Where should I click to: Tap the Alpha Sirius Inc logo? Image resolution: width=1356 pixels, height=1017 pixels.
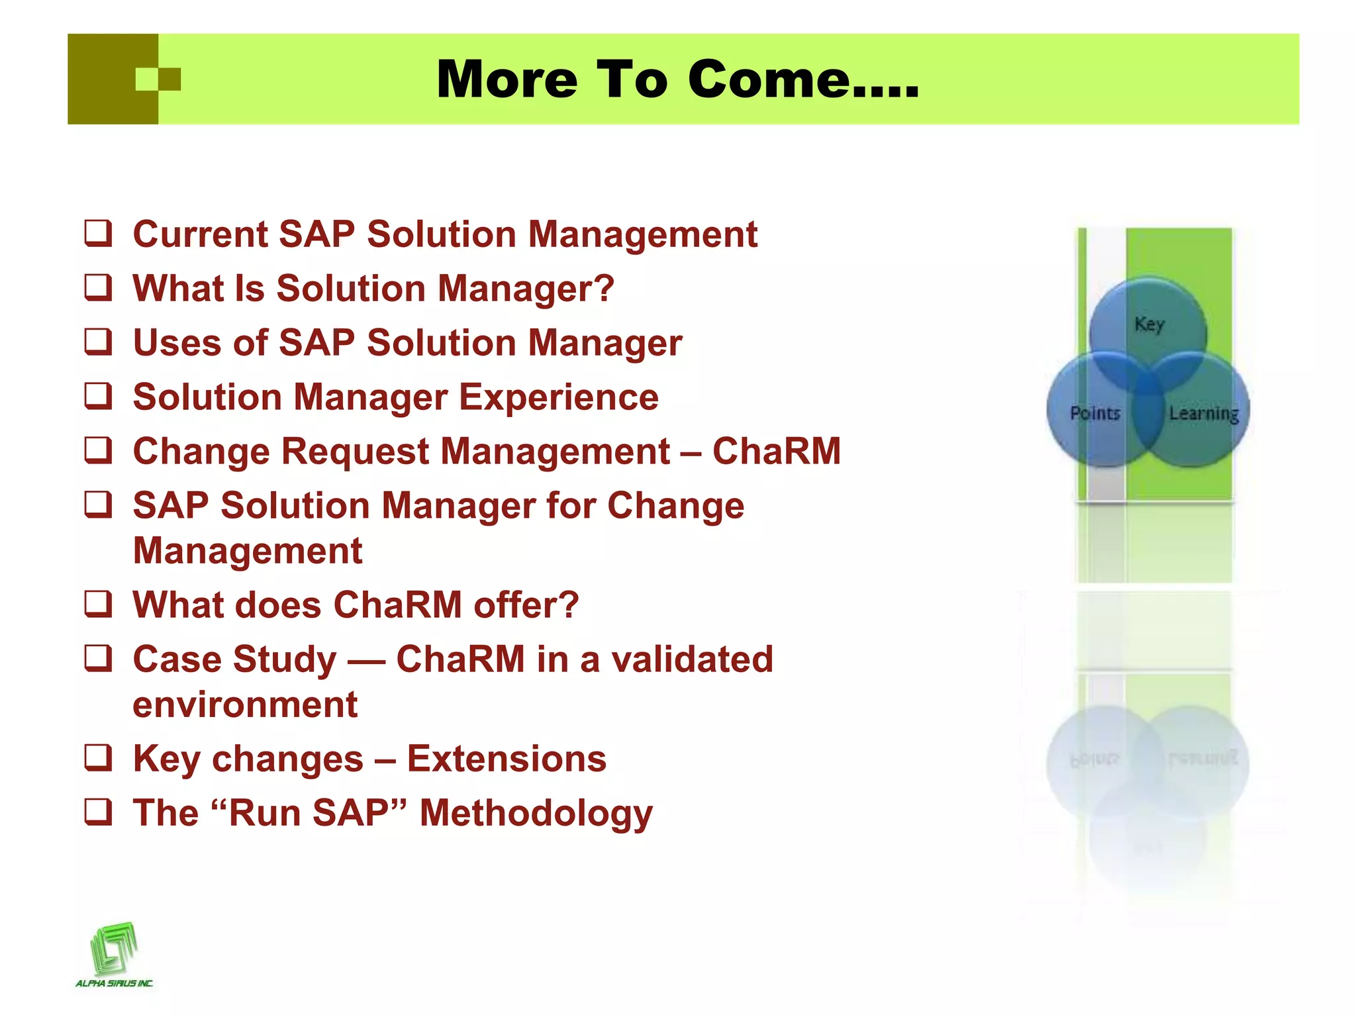click(x=114, y=953)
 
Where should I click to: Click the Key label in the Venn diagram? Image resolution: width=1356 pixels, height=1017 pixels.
click(x=1149, y=324)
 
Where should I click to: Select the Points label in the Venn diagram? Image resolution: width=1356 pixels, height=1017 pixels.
click(x=1095, y=413)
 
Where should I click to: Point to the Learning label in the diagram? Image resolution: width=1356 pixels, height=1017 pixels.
click(x=1203, y=413)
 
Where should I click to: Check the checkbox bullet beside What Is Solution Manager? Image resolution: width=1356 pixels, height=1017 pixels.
click(x=98, y=288)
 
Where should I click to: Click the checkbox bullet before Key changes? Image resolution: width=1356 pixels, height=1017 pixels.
click(x=98, y=758)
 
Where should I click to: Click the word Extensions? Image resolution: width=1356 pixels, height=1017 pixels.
click(x=507, y=759)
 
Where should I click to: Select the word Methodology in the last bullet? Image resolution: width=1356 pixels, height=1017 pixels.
click(x=536, y=813)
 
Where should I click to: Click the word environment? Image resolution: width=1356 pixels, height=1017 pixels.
click(x=245, y=704)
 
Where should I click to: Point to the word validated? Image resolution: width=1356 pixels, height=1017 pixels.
click(x=692, y=659)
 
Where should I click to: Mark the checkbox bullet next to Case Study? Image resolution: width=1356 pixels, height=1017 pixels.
click(x=98, y=659)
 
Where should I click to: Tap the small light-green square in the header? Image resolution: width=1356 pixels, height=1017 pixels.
click(x=146, y=79)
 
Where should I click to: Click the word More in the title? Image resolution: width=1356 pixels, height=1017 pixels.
click(x=507, y=79)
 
